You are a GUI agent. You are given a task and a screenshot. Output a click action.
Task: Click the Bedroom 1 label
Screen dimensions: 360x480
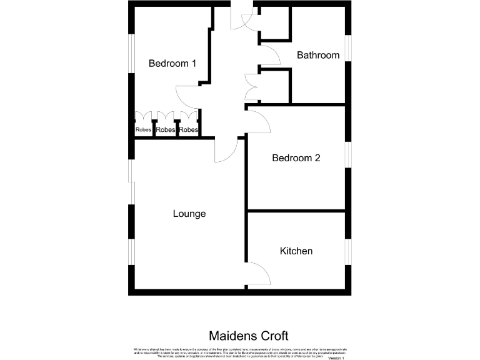172,63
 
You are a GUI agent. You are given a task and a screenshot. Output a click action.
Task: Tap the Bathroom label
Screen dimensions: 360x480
318,55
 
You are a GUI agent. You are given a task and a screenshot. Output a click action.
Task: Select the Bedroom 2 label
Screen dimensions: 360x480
296,158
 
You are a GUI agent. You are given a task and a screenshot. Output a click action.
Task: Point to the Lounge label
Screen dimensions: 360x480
189,214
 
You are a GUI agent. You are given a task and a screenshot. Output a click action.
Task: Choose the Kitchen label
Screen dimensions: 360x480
296,251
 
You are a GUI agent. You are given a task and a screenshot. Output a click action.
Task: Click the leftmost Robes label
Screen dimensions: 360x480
143,130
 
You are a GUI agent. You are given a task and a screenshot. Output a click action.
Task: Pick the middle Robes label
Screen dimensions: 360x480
166,130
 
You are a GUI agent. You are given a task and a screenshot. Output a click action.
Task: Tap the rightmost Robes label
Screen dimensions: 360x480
188,130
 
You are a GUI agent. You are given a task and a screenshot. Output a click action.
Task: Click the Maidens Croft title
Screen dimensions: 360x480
248,336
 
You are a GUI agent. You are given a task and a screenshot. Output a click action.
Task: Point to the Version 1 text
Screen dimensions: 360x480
336,358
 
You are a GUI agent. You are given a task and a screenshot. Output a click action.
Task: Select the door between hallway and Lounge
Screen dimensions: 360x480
225,150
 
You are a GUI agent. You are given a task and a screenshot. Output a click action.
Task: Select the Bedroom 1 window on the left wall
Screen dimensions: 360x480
131,57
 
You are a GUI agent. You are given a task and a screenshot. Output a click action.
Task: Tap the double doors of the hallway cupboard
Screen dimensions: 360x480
252,87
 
